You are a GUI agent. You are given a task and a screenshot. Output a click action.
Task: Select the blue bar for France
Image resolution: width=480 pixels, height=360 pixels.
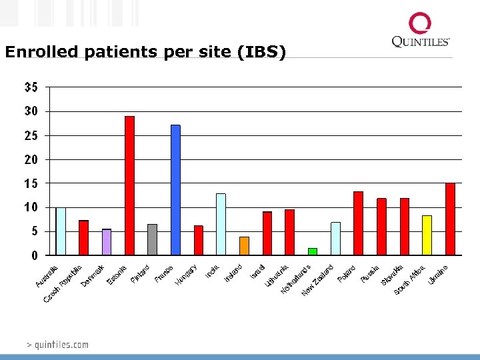tap(175, 190)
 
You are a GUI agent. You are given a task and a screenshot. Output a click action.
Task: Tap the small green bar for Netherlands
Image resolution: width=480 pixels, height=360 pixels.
tap(313, 251)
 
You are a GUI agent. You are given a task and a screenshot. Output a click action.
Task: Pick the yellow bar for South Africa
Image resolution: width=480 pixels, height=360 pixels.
tap(427, 235)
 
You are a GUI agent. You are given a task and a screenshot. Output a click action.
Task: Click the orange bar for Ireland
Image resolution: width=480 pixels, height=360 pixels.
tap(244, 245)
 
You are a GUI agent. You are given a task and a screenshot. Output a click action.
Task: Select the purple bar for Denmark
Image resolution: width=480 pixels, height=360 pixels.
tap(107, 242)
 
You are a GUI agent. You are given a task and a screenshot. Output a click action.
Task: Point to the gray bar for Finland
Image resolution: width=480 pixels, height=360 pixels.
tap(152, 239)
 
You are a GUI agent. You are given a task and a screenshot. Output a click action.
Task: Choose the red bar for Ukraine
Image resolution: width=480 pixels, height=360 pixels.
tap(450, 219)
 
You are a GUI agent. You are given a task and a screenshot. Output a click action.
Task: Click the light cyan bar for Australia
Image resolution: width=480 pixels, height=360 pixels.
tap(61, 231)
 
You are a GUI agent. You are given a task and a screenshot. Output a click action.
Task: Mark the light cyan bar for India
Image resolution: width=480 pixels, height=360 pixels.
tap(221, 224)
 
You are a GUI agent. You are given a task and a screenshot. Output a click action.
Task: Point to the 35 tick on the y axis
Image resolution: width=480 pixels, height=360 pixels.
tap(31, 87)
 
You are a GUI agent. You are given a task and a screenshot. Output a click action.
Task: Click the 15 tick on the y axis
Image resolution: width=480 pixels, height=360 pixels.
tap(31, 183)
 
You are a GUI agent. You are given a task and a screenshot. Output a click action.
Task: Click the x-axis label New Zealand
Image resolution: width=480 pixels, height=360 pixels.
tap(317, 281)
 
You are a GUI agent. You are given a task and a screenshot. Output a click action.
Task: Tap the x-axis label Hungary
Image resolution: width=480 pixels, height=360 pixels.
tap(186, 274)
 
